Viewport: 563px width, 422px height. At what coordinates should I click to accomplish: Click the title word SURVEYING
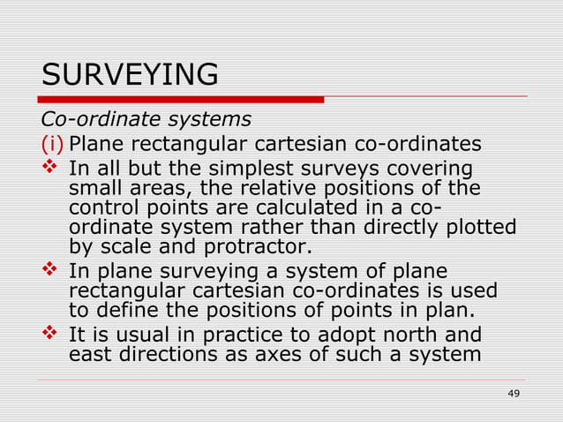130,74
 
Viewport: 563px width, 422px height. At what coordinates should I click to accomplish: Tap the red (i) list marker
52,144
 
